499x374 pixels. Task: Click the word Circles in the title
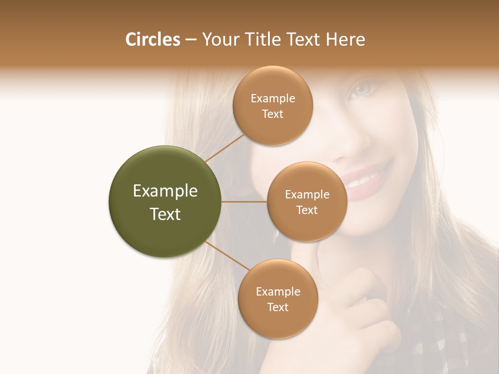[152, 39]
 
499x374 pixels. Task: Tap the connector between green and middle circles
[244, 202]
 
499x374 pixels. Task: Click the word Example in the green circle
[165, 191]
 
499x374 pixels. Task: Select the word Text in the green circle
[165, 214]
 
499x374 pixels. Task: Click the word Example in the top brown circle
[273, 99]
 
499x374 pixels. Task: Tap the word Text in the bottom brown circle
[278, 307]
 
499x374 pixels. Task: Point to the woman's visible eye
[362, 89]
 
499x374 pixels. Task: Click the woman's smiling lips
[366, 178]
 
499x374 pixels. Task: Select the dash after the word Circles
[190, 40]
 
